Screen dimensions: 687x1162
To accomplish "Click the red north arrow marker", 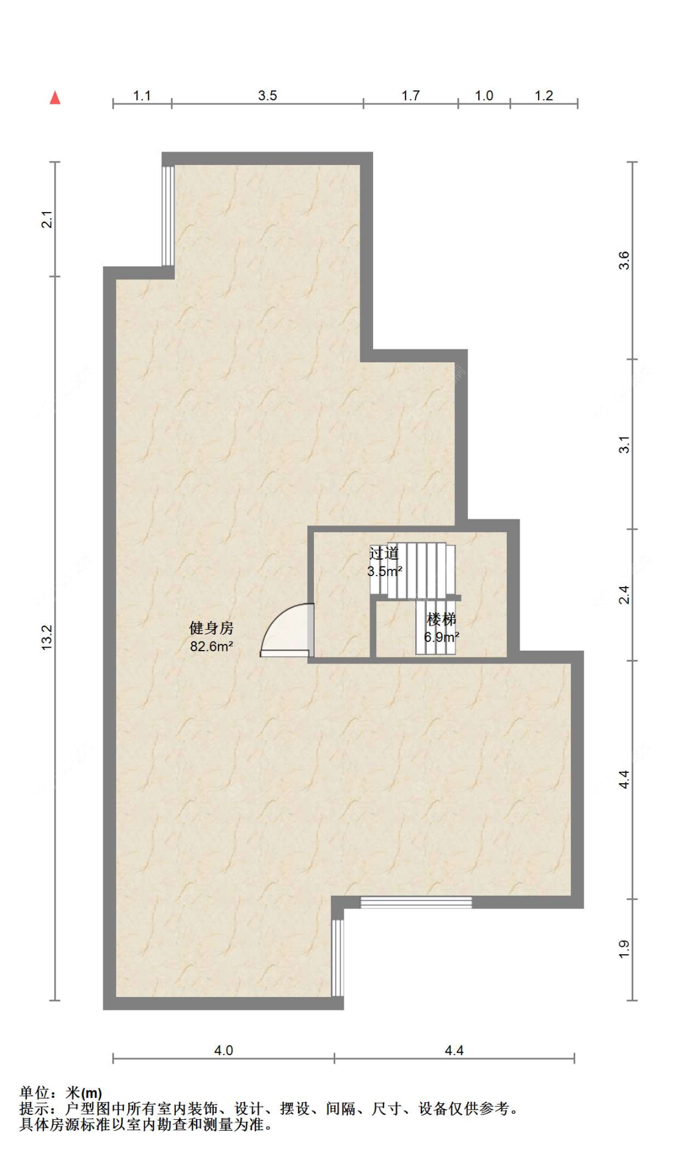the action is point(55,98).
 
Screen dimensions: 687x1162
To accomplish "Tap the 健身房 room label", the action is point(211,628).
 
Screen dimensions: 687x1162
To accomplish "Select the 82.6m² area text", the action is point(211,646).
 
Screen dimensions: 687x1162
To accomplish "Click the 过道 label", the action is point(384,554).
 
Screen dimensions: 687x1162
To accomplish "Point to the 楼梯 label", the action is point(442,619).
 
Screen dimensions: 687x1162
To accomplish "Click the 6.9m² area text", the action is point(442,637).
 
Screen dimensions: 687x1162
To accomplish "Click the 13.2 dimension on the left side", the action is point(47,637).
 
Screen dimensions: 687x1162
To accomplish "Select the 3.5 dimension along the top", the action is point(267,96).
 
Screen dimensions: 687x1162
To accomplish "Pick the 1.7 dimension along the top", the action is point(410,96).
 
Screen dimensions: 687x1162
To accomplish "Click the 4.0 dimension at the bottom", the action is point(224,1050).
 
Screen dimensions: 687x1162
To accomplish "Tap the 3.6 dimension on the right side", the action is point(623,260).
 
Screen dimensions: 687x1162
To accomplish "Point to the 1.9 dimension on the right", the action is point(623,949).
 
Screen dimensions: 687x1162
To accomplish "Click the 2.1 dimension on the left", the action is point(47,219).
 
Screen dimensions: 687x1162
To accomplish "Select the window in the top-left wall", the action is point(168,216).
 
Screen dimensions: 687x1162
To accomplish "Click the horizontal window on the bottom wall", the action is point(416,902).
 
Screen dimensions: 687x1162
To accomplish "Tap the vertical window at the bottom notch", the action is point(338,957).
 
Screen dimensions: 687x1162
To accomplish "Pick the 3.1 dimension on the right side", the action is point(623,444).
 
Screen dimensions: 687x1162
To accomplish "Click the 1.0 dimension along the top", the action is point(484,96).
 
